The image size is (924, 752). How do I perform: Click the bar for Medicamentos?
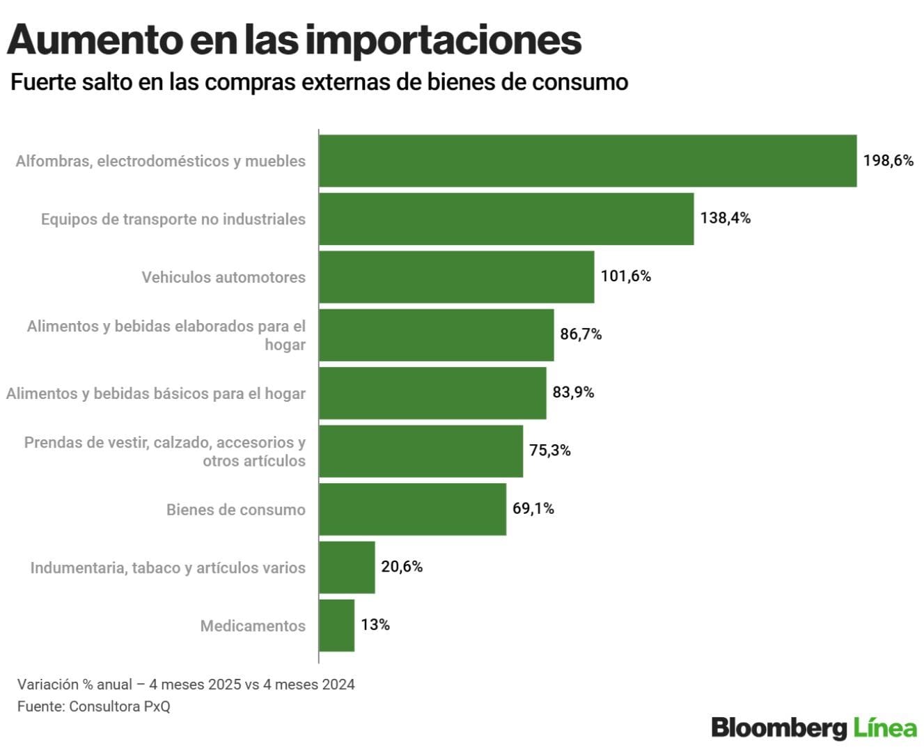click(x=337, y=625)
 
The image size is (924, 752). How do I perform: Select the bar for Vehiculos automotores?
click(x=457, y=277)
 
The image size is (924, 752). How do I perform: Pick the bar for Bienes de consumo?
click(x=413, y=509)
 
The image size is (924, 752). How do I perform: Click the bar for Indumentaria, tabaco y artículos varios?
click(x=347, y=567)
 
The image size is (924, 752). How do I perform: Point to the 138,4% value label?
click(x=726, y=218)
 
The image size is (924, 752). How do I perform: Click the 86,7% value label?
click(x=581, y=334)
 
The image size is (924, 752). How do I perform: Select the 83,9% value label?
click(x=573, y=393)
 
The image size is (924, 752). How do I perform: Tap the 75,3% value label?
click(x=550, y=451)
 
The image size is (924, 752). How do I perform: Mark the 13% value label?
click(x=375, y=625)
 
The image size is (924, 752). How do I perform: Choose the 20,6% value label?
click(x=402, y=567)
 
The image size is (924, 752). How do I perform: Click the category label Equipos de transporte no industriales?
click(x=173, y=219)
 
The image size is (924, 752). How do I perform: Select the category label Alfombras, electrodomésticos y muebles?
click(x=161, y=161)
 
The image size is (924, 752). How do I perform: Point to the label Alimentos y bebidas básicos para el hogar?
click(x=156, y=393)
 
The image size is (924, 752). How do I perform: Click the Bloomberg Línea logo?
click(x=814, y=728)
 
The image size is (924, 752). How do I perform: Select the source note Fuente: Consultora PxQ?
click(x=94, y=706)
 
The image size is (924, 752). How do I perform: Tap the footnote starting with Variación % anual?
click(x=186, y=684)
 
